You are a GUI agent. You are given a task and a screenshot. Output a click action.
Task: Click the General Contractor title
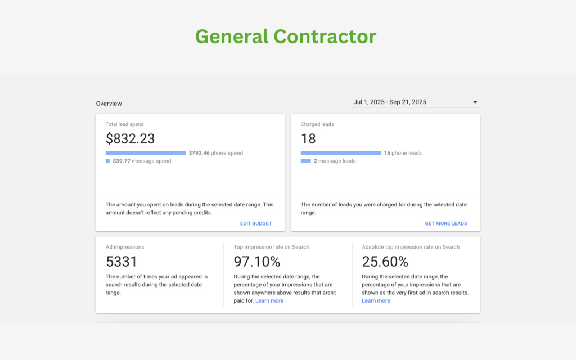(286, 37)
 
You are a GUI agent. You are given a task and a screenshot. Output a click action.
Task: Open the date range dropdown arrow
(475, 102)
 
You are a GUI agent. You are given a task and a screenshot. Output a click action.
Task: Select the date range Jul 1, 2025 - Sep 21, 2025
(389, 102)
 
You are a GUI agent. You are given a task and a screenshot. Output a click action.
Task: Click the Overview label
(109, 103)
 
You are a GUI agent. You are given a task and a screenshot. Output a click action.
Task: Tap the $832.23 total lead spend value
(130, 138)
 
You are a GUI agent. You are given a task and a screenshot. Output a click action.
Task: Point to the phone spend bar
(145, 152)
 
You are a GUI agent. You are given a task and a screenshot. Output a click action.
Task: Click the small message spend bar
(107, 161)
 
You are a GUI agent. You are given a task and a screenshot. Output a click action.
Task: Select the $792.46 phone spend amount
(199, 153)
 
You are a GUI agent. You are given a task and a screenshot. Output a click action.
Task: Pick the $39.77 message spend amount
(123, 161)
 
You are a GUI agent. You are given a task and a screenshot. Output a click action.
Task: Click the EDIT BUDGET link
(256, 223)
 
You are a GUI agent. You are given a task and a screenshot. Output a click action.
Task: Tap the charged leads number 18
(308, 138)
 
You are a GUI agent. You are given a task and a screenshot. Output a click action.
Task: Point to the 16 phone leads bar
(340, 152)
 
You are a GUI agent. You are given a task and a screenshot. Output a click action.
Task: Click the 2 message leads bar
(305, 161)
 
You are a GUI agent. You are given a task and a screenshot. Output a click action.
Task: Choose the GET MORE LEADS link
(445, 223)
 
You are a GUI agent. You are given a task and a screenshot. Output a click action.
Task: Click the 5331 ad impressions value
(121, 262)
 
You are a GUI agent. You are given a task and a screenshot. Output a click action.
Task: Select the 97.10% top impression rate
(256, 262)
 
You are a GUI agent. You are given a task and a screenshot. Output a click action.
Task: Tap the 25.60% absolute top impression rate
(385, 262)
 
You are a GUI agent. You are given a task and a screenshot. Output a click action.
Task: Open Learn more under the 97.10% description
(269, 301)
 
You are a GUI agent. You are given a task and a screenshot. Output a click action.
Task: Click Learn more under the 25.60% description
(376, 301)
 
